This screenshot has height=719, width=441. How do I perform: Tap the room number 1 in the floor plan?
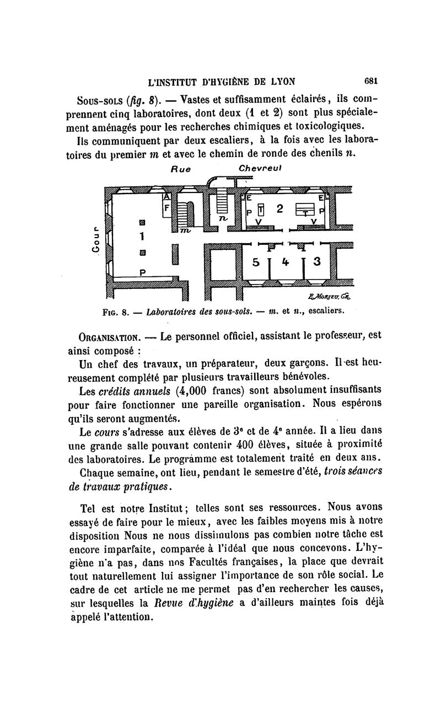tap(142, 237)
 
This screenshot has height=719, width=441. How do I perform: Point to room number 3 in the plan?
tap(316, 261)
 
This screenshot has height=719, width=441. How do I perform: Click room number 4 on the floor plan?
tap(285, 262)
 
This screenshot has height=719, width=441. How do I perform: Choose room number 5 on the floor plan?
tap(256, 262)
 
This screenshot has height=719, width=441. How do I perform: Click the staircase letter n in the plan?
tap(223, 219)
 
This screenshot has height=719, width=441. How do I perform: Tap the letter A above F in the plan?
tap(168, 197)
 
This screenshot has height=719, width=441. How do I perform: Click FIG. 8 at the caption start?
tap(115, 311)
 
